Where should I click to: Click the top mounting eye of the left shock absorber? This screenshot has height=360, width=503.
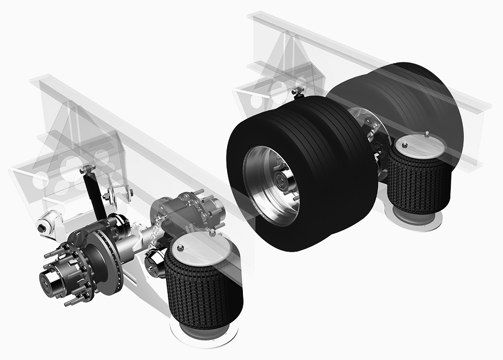click(87, 169)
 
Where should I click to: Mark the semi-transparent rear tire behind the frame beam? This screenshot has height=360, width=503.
click(412, 96)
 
